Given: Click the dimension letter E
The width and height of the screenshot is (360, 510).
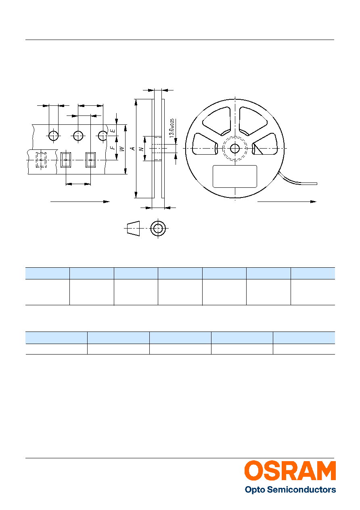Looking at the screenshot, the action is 113,131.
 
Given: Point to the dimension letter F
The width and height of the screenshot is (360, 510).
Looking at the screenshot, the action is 113,148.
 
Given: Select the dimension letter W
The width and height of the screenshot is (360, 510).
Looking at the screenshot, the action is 122,149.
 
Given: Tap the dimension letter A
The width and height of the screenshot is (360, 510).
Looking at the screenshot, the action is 133,149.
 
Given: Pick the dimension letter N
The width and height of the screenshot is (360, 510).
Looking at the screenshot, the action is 142,149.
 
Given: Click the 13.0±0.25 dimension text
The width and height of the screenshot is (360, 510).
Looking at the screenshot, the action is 172,128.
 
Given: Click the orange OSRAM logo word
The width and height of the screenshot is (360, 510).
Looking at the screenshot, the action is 290,471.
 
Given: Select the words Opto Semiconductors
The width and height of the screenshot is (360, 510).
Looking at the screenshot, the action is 290,489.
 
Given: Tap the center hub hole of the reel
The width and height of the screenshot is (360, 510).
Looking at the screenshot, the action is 235,149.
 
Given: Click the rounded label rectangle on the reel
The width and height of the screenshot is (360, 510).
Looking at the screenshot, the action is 235,176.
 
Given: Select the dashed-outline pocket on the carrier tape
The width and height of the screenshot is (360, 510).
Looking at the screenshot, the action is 41,160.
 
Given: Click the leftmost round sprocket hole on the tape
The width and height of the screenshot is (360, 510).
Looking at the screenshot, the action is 54,136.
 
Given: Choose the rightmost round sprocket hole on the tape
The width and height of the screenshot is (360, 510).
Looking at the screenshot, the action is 103,136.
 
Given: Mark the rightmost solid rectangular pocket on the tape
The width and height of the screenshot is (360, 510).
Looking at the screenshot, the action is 90,160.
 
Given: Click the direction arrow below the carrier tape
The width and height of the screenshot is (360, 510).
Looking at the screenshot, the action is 80,201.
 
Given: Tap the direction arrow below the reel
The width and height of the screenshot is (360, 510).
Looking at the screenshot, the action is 287,201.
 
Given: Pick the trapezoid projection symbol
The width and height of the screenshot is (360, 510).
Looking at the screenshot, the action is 133,228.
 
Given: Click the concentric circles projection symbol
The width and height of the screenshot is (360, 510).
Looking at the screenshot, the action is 158,228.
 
